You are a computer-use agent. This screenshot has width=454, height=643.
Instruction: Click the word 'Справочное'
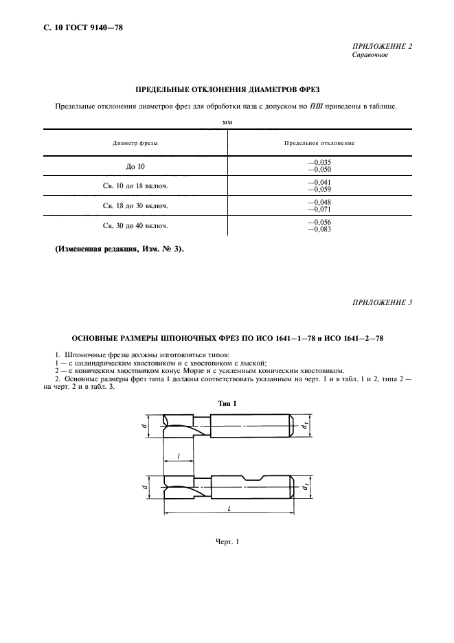pyautogui.click(x=370, y=55)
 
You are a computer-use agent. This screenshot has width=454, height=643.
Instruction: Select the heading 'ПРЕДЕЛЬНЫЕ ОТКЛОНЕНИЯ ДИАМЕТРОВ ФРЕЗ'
pyautogui.click(x=227, y=89)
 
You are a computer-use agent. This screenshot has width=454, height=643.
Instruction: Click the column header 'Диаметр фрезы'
pyautogui.click(x=135, y=143)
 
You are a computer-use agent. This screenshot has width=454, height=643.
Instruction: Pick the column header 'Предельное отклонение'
pyautogui.click(x=319, y=143)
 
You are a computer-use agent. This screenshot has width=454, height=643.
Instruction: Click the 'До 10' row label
pyautogui.click(x=135, y=166)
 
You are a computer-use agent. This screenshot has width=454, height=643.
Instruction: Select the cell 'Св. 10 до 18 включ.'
pyautogui.click(x=135, y=185)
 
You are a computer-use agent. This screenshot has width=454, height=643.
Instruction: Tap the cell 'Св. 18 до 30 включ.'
pyautogui.click(x=135, y=205)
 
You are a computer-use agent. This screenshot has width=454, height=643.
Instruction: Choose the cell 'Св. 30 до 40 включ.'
pyautogui.click(x=135, y=225)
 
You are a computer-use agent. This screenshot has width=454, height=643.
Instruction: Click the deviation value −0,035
pyautogui.click(x=319, y=163)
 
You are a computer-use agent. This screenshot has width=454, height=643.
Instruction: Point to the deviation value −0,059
pyautogui.click(x=319, y=189)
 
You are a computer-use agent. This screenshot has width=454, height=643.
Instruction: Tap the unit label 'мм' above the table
pyautogui.click(x=227, y=122)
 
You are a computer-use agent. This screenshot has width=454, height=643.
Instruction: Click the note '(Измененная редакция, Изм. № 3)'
pyautogui.click(x=119, y=249)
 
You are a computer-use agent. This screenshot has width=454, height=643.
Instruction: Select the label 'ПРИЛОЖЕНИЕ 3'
pyautogui.click(x=381, y=303)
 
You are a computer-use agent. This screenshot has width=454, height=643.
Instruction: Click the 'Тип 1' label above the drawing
pyautogui.click(x=227, y=403)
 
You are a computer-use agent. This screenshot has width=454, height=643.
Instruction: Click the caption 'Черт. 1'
pyautogui.click(x=227, y=543)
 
